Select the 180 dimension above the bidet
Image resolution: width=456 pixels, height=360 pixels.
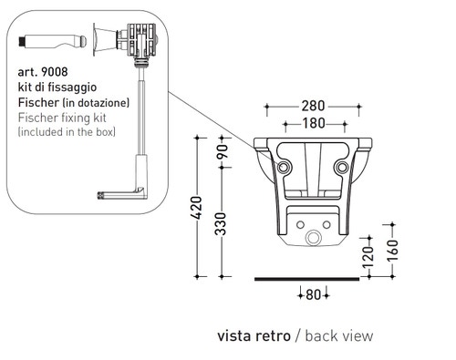click(314, 123)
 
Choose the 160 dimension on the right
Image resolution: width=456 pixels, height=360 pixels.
click(392, 249)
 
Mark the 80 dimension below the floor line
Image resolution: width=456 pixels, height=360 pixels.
click(314, 293)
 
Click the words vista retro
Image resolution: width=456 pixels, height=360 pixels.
click(254, 335)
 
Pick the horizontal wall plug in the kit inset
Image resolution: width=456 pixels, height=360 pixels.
click(45, 42)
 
